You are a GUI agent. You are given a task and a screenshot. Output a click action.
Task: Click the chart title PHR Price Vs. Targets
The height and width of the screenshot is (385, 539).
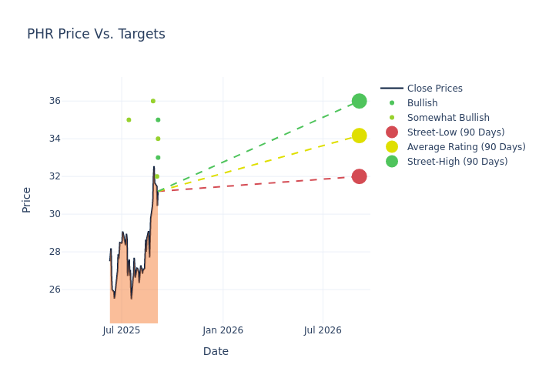tap(96, 34)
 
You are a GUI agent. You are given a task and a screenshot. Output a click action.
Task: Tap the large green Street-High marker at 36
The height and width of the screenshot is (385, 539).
tap(359, 101)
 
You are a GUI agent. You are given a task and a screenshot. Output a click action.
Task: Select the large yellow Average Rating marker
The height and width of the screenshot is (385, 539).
tap(359, 136)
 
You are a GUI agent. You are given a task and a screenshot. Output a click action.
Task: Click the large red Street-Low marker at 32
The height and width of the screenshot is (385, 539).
tap(359, 176)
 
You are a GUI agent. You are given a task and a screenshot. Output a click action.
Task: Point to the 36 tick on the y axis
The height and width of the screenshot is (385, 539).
tap(76, 101)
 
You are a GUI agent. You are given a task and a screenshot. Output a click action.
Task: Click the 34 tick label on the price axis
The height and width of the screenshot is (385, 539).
tap(76, 139)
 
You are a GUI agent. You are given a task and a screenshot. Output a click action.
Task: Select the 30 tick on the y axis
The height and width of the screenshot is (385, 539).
tap(76, 214)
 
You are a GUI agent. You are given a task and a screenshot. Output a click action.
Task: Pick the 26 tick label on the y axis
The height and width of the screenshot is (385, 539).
tap(76, 290)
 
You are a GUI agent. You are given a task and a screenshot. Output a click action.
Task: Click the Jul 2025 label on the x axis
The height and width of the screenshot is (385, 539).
tap(121, 330)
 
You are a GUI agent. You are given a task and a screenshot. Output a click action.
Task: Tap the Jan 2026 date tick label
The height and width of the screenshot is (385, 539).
tap(223, 330)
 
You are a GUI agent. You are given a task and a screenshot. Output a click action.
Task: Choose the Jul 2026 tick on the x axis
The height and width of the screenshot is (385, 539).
tap(323, 330)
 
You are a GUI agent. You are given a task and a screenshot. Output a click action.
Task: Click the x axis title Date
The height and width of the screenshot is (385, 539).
tap(216, 351)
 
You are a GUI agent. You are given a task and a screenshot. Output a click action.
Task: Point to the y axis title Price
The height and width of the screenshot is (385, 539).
tap(27, 199)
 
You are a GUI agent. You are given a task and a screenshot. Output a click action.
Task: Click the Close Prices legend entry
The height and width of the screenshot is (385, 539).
tap(434, 89)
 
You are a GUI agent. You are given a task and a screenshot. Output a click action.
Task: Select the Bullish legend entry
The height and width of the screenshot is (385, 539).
tap(422, 103)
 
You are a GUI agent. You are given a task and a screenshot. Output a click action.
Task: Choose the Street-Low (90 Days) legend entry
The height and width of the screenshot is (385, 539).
tap(455, 132)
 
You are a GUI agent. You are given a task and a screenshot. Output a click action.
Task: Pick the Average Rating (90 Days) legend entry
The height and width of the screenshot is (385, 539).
tap(466, 147)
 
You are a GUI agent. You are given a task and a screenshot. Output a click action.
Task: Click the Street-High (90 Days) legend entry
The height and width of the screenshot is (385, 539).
tap(457, 162)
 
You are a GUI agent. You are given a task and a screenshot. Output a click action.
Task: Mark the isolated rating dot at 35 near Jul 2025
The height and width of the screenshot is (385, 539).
tap(129, 119)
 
